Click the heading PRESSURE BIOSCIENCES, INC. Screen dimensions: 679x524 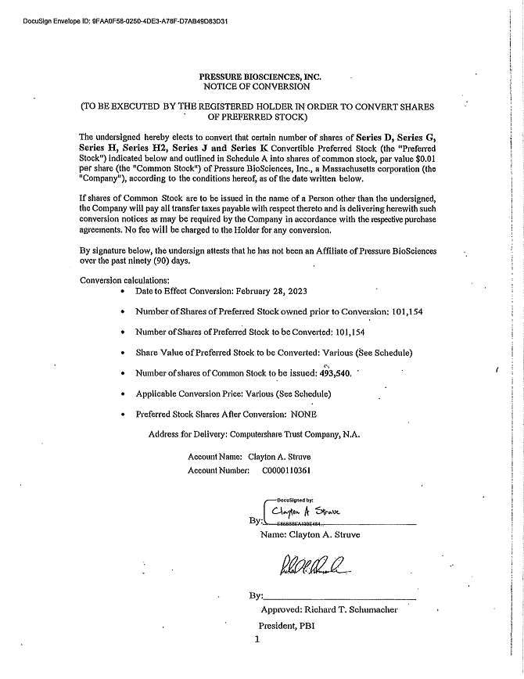pyautogui.click(x=260, y=77)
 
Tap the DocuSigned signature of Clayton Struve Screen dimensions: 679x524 pyautogui.click(x=312, y=512)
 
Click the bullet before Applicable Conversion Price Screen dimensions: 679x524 pyautogui.click(x=125, y=393)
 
